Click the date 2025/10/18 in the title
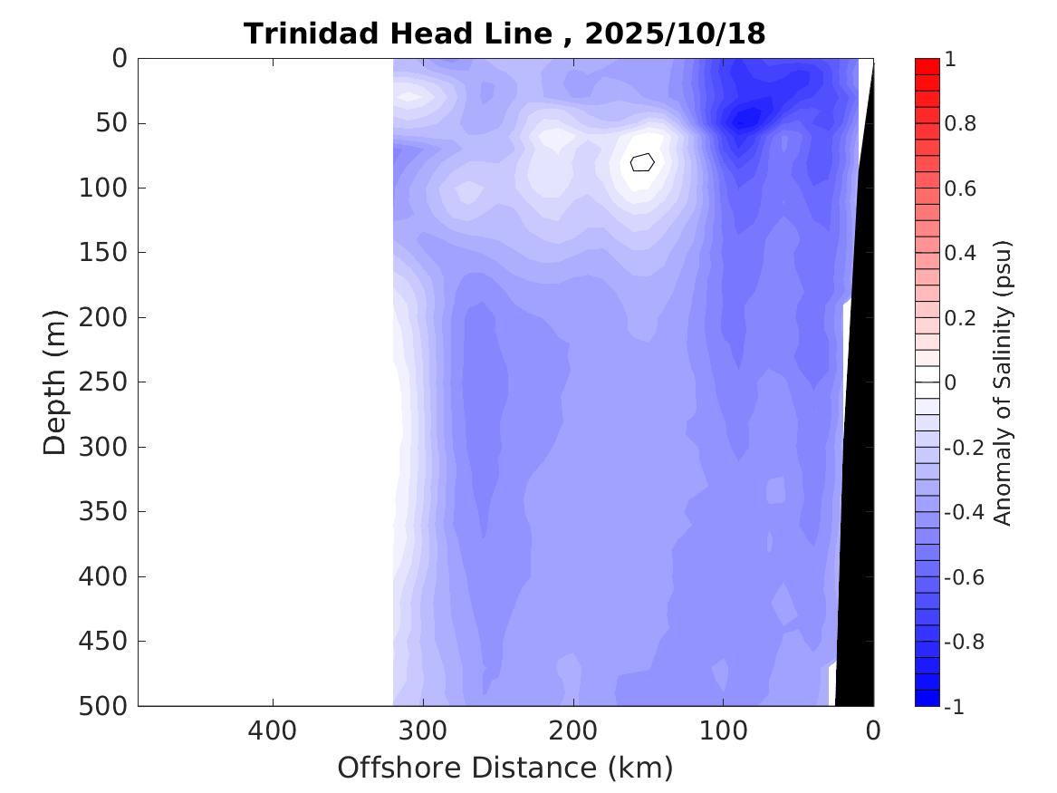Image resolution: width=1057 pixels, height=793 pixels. (x=675, y=34)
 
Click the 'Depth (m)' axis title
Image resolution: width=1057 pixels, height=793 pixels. (x=55, y=382)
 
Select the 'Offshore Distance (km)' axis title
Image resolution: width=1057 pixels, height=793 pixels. (x=505, y=768)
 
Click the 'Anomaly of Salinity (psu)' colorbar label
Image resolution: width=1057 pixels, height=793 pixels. (x=1002, y=382)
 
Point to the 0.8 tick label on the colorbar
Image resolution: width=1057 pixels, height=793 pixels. (x=960, y=123)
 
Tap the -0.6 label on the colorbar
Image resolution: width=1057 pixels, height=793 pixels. (x=964, y=577)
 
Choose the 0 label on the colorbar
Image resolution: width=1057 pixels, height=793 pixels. (x=950, y=382)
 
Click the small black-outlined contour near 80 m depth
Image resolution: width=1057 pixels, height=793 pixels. (x=642, y=162)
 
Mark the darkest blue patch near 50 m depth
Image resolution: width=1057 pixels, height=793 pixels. (x=745, y=118)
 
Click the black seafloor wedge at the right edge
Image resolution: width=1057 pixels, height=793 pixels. (x=856, y=453)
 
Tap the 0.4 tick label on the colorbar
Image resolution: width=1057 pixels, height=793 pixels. (x=960, y=253)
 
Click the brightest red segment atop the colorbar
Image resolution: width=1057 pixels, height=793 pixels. (x=927, y=66)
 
